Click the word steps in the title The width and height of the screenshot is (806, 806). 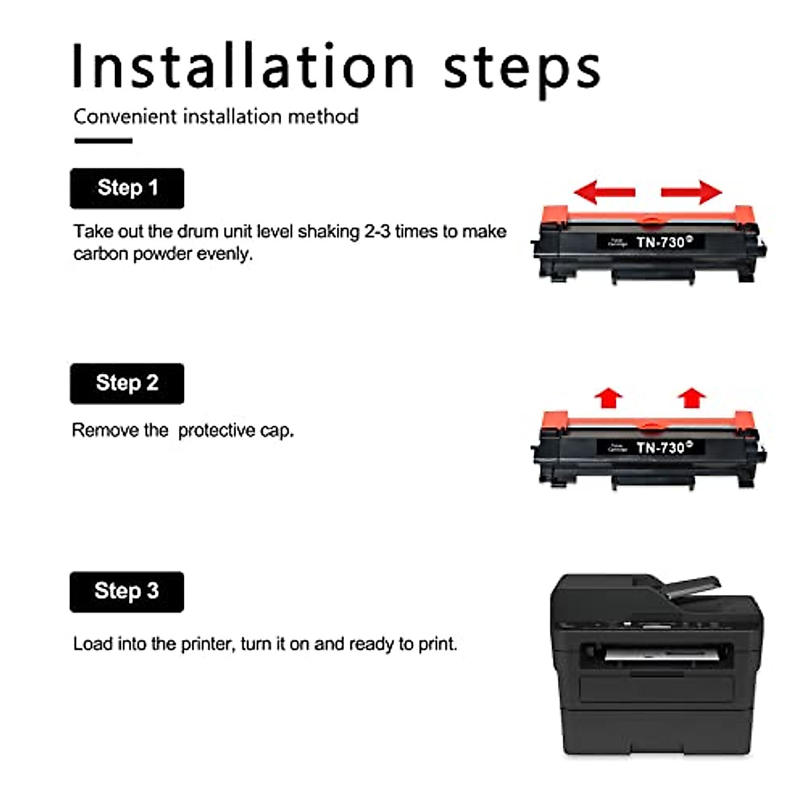tap(521, 69)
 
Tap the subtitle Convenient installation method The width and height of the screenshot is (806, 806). tap(216, 116)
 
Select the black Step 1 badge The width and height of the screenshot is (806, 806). tap(127, 188)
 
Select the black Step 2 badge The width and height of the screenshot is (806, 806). tap(127, 384)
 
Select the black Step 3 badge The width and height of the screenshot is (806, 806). tap(127, 591)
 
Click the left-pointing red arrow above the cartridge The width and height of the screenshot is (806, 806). tap(604, 192)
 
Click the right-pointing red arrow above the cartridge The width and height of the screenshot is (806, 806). tap(692, 192)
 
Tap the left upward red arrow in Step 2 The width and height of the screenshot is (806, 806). tap(609, 398)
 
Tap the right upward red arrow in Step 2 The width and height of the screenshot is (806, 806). tap(691, 398)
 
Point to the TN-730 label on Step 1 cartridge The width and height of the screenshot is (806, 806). tap(660, 242)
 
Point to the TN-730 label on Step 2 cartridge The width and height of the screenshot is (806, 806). tap(660, 447)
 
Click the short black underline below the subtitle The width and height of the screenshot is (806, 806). tap(103, 140)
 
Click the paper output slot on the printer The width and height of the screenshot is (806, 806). tap(658, 654)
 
